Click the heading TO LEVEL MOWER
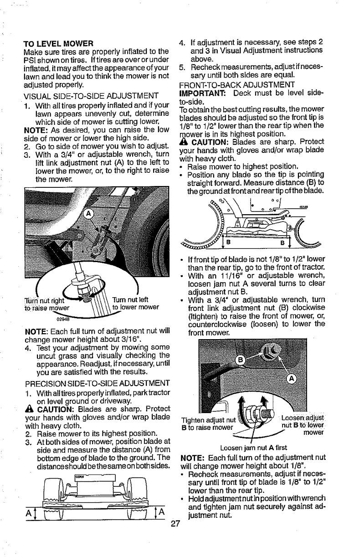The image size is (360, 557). (x=58, y=44)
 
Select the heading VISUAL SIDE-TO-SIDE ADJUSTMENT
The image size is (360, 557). (x=88, y=97)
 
